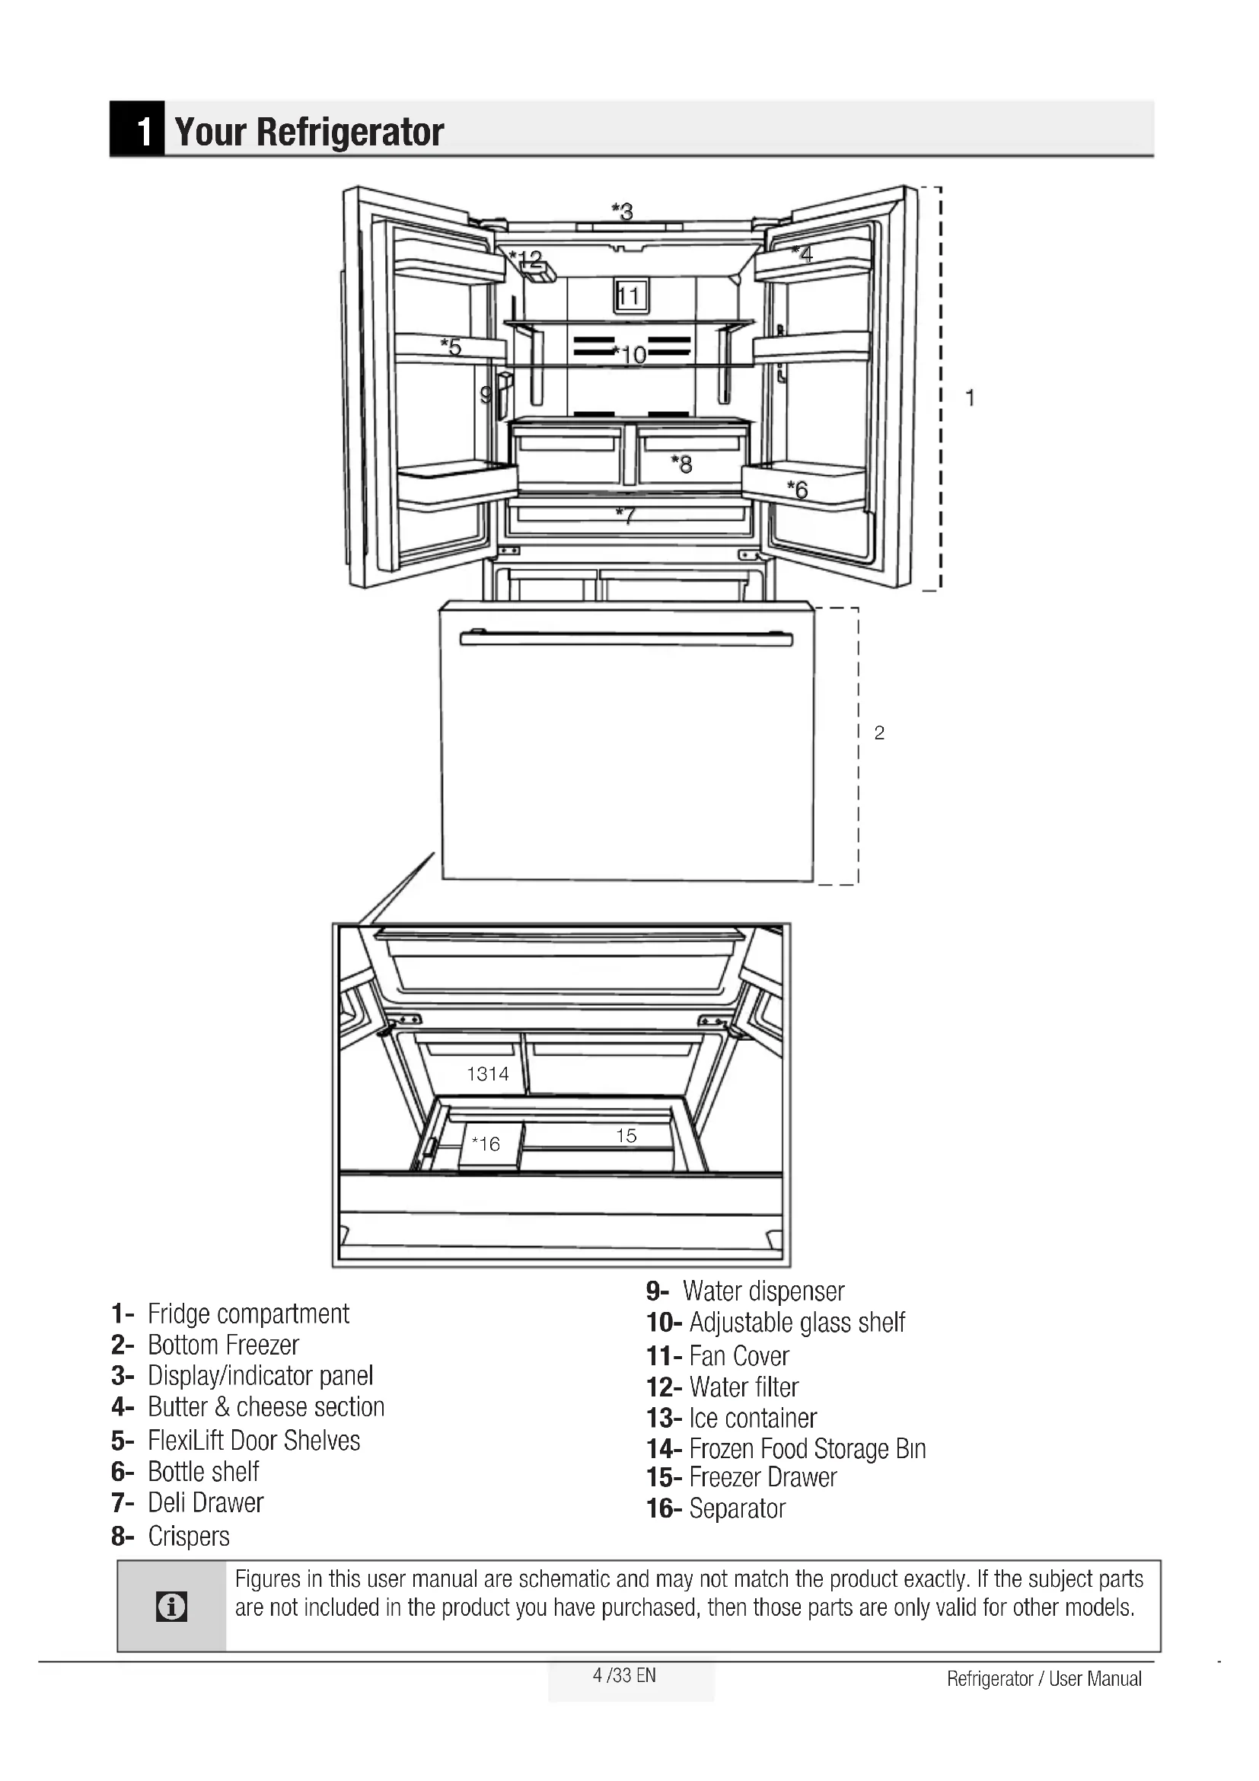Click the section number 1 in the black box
[x=143, y=131]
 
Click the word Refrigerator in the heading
[x=349, y=132]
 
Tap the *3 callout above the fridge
[x=622, y=211]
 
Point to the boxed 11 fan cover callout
[x=629, y=295]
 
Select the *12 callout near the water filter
[x=527, y=257]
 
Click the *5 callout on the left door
[x=451, y=346]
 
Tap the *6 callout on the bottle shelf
[x=798, y=490]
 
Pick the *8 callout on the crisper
[x=681, y=464]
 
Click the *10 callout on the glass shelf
[x=629, y=355]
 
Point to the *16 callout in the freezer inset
[x=486, y=1144]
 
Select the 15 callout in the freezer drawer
[x=626, y=1135]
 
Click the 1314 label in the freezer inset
[x=488, y=1074]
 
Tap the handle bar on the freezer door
[x=626, y=639]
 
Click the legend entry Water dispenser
[x=763, y=1291]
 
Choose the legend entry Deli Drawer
[x=206, y=1502]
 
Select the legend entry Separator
[x=737, y=1508]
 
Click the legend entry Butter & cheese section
[x=266, y=1406]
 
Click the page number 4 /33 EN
[x=624, y=1675]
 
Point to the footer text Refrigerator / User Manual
[x=1044, y=1679]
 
